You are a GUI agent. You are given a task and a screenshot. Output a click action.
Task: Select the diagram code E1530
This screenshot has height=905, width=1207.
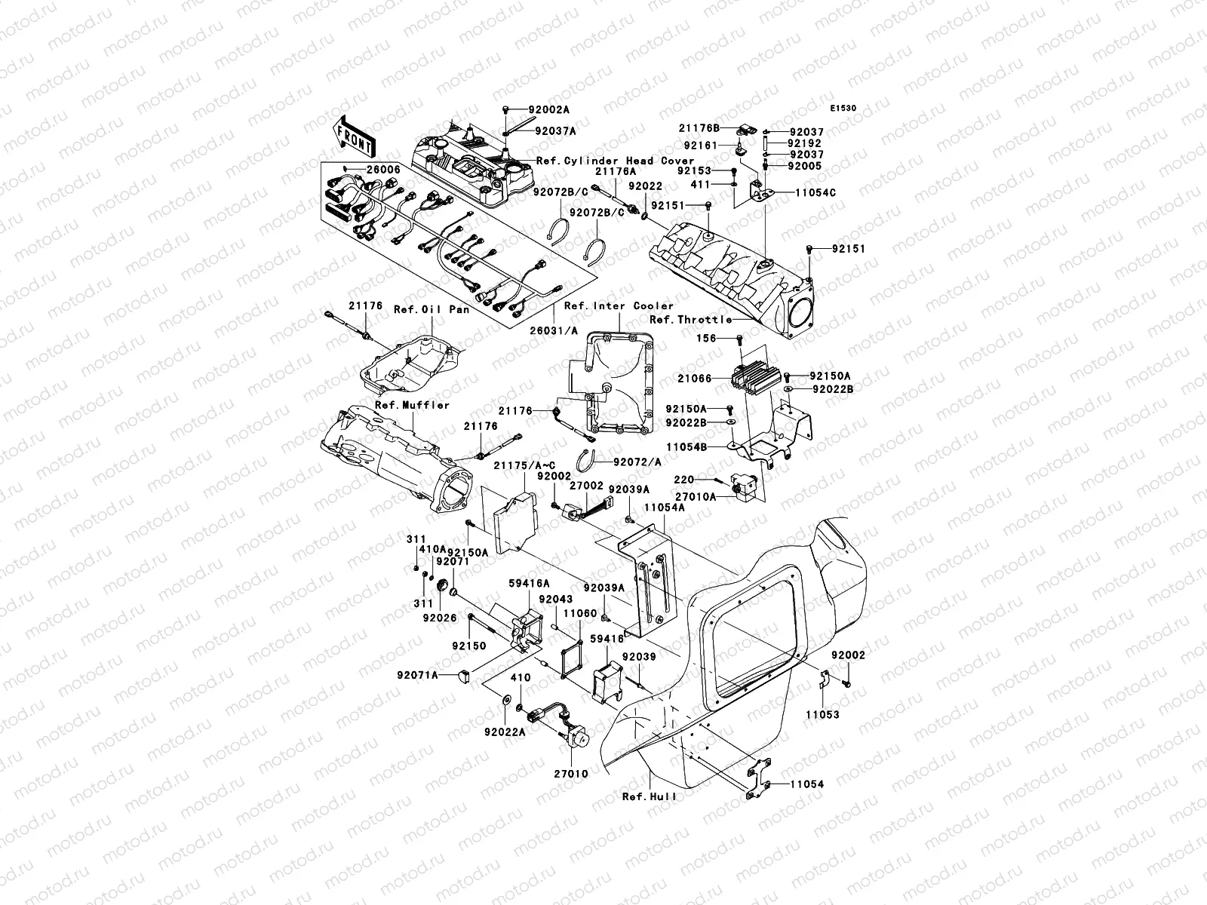843,109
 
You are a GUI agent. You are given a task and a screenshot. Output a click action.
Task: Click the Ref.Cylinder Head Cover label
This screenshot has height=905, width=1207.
615,161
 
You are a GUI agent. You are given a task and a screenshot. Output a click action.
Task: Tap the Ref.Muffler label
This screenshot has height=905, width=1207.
412,405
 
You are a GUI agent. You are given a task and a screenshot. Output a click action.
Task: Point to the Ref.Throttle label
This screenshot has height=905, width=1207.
691,320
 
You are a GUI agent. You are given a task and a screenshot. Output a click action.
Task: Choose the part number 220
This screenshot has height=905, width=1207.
683,479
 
